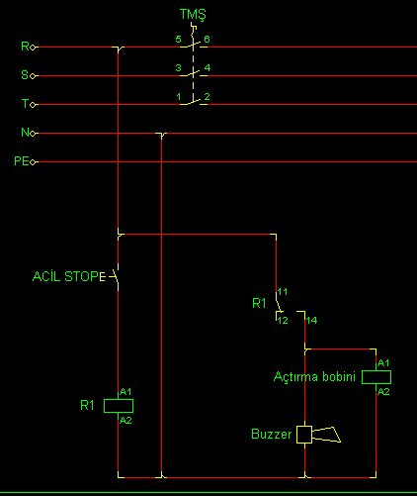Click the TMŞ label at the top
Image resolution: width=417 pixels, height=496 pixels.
193,15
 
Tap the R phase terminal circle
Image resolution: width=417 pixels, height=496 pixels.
33,48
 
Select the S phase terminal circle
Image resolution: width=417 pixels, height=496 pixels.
33,76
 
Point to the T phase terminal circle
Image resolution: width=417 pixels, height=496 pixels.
33,105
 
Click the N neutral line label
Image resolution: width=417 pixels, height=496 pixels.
25,133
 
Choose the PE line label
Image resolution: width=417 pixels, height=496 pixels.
22,161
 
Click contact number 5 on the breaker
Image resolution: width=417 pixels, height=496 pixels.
178,40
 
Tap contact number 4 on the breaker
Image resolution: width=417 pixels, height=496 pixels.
208,68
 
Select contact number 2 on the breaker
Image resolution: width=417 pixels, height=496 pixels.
207,97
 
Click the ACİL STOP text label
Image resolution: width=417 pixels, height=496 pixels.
65,276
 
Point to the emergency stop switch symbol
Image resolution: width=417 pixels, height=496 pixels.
113,276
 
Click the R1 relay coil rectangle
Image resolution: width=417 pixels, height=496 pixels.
119,406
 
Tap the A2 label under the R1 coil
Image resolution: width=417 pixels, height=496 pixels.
125,421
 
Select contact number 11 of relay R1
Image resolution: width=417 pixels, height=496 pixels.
283,292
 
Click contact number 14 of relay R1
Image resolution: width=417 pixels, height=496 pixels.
311,321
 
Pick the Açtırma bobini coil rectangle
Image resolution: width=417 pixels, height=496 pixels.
376,377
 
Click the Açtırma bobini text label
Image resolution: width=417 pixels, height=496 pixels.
314,377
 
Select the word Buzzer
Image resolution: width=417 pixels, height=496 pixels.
272,435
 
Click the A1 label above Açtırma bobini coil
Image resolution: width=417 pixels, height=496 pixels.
383,363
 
